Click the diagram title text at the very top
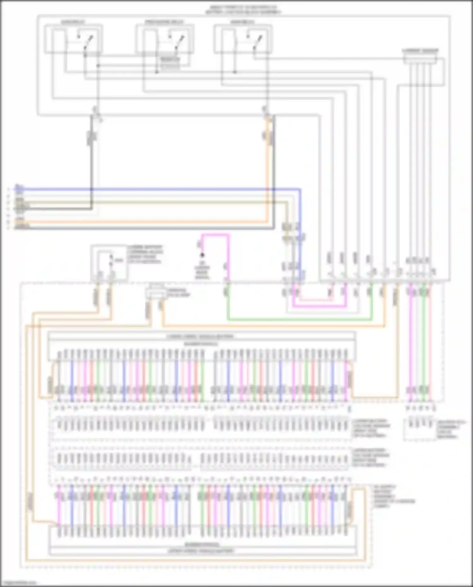(243, 9)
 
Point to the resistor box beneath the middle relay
(170, 63)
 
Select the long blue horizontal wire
(158, 190)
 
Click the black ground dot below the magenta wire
(202, 255)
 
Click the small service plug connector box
(155, 293)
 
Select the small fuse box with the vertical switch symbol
(109, 262)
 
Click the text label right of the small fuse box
(145, 254)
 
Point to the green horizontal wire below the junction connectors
(300, 320)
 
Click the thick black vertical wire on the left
(92, 164)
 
